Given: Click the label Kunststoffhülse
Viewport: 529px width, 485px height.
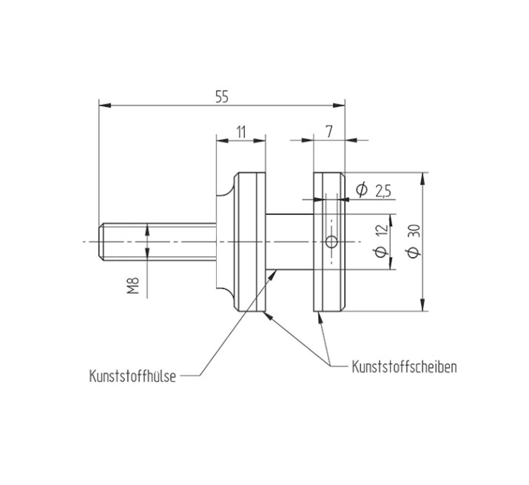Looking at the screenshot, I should coord(133,377).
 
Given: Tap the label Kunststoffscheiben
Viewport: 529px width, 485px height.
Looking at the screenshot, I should coord(404,367).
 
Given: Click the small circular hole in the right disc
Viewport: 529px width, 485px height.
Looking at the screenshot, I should coord(331,242).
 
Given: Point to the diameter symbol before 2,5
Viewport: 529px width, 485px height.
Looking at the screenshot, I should coord(361,190).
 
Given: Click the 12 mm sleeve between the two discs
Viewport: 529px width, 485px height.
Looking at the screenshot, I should coord(290,242).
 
